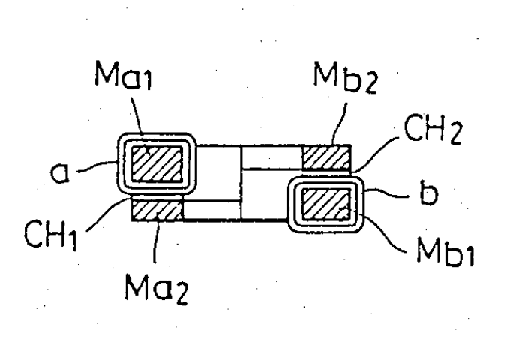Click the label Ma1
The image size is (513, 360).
point(124,75)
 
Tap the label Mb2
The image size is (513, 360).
point(346,77)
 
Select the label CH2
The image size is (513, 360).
point(433,128)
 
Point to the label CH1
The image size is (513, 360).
point(51,234)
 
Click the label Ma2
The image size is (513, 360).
point(157,288)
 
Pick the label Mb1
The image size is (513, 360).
point(445,251)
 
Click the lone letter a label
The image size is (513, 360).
point(60,172)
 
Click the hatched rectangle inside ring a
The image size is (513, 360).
point(157,163)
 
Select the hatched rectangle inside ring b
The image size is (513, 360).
point(325,204)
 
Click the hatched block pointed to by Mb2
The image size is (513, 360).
point(326,157)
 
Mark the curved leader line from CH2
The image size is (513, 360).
point(377,153)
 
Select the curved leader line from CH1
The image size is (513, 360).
point(106,214)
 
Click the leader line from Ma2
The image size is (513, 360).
point(157,241)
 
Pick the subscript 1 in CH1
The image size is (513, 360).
point(73,240)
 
